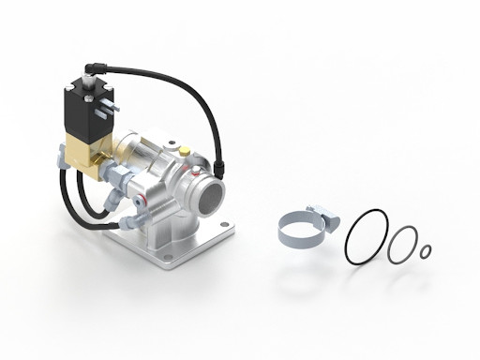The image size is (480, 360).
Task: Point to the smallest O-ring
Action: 425,250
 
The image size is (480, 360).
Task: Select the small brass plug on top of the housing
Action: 186,149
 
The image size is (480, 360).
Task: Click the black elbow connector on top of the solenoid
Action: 89,67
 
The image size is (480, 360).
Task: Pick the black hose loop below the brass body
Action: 84,201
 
